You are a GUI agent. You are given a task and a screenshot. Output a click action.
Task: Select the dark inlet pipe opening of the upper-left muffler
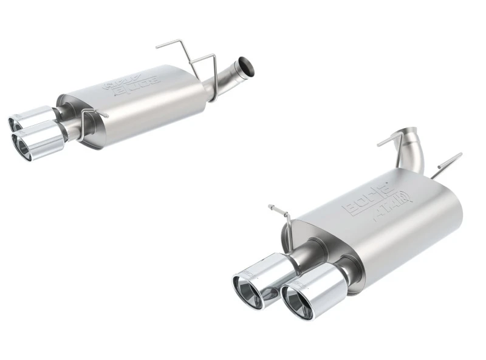[247, 67]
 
